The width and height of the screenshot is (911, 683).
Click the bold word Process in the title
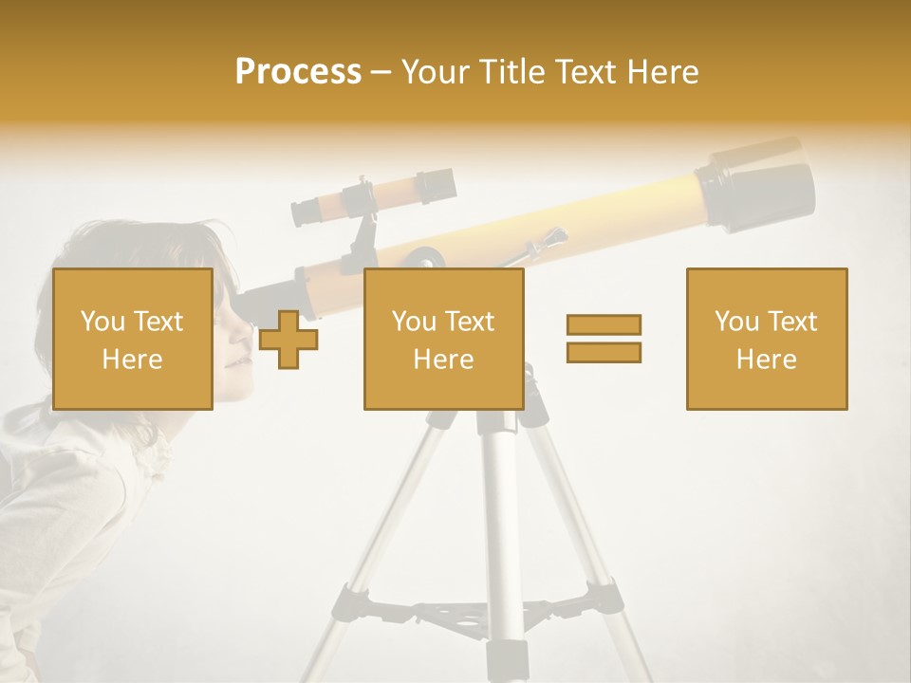298,72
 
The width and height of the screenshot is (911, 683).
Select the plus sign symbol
288,340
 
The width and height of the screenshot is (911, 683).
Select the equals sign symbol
604,339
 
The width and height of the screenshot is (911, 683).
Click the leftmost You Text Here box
133,339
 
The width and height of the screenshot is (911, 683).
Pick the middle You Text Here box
443,339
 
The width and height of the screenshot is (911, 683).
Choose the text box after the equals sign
766,339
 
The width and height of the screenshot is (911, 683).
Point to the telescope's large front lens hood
759,185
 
